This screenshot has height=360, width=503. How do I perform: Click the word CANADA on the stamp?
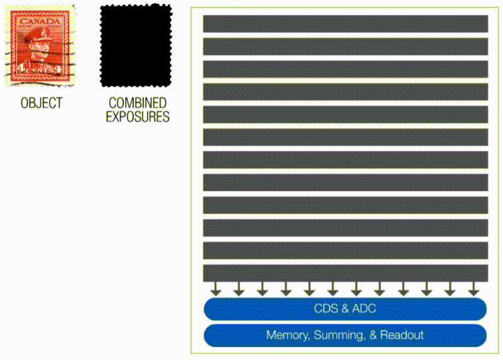pyautogui.click(x=40, y=22)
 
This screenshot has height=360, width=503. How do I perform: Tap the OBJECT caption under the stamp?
pyautogui.click(x=41, y=103)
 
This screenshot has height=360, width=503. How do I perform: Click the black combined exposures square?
pyautogui.click(x=136, y=45)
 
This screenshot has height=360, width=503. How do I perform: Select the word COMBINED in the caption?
pyautogui.click(x=138, y=103)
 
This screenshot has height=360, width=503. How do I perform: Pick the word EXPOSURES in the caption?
pyautogui.click(x=138, y=116)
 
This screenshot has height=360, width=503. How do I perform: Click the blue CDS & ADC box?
pyautogui.click(x=345, y=308)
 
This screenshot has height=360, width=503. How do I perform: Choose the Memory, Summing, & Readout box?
pyautogui.click(x=345, y=335)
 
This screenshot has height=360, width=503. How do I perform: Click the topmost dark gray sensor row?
pyautogui.click(x=345, y=24)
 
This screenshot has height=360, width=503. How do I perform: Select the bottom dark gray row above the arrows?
pyautogui.click(x=345, y=273)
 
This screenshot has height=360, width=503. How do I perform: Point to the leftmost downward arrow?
pyautogui.click(x=216, y=289)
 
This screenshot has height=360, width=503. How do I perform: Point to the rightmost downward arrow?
pyautogui.click(x=473, y=289)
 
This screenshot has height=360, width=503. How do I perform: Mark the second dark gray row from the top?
pyautogui.click(x=345, y=47)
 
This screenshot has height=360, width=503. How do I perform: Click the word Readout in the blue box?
pyautogui.click(x=402, y=335)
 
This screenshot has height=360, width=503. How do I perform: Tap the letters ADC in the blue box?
pyautogui.click(x=364, y=308)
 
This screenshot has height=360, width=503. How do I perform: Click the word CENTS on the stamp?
pyautogui.click(x=40, y=70)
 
